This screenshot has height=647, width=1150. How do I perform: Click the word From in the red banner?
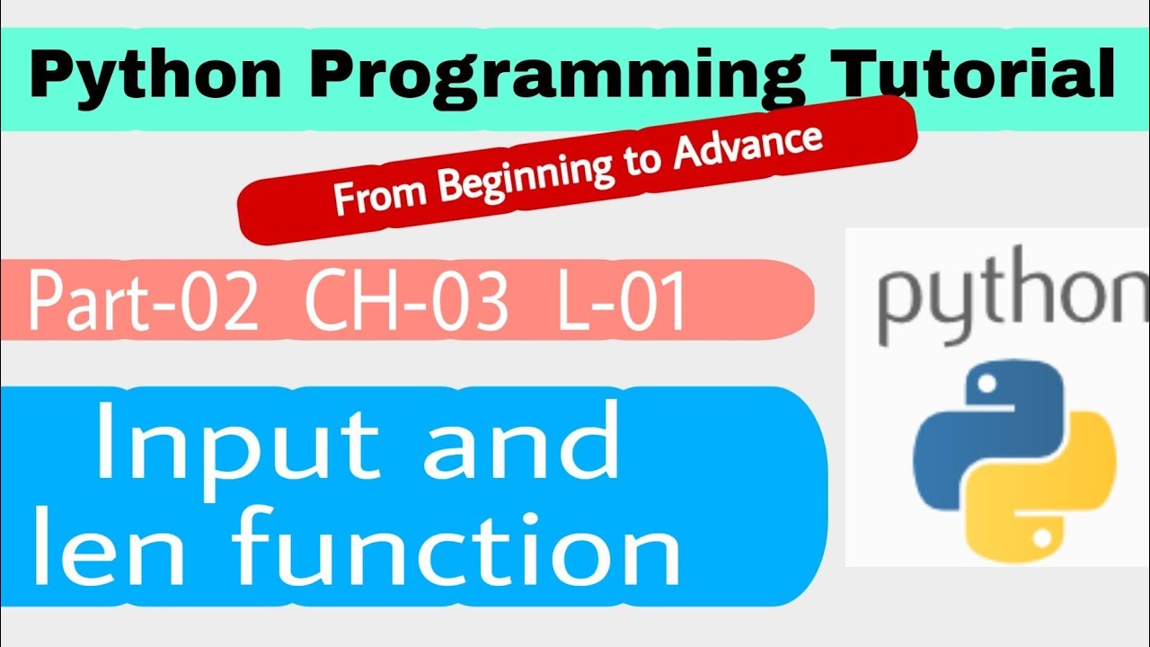[x=379, y=193]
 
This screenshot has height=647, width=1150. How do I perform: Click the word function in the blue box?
[x=456, y=545]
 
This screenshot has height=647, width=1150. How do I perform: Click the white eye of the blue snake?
[x=986, y=383]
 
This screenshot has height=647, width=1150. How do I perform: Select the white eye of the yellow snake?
[x=1041, y=538]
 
